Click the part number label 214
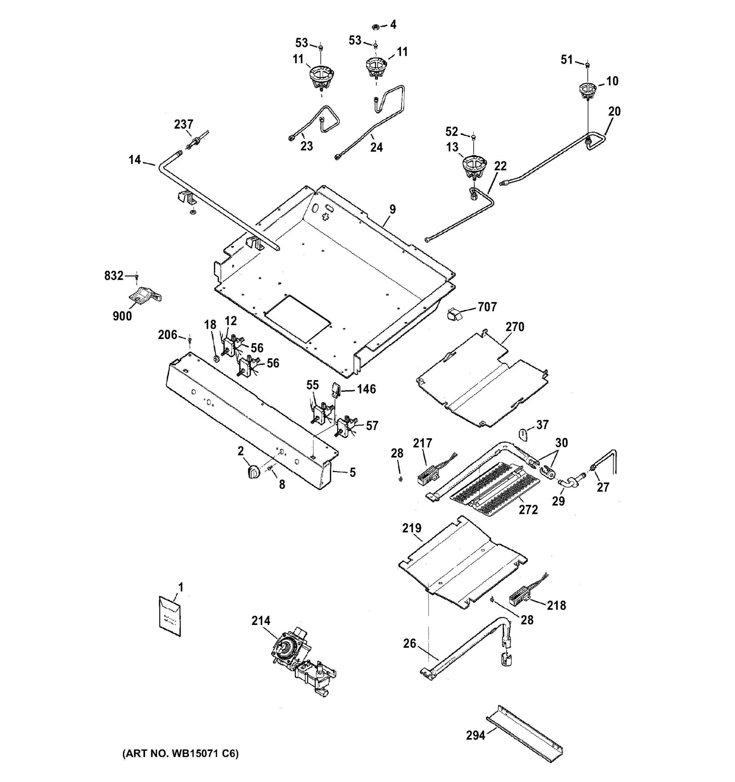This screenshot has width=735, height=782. tap(261, 621)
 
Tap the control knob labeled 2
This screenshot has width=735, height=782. tap(254, 471)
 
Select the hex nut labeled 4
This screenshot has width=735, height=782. tap(376, 27)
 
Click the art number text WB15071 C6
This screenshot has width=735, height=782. tap(180, 753)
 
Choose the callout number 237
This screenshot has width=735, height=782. tap(184, 124)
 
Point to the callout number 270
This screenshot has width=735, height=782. tap(515, 326)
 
